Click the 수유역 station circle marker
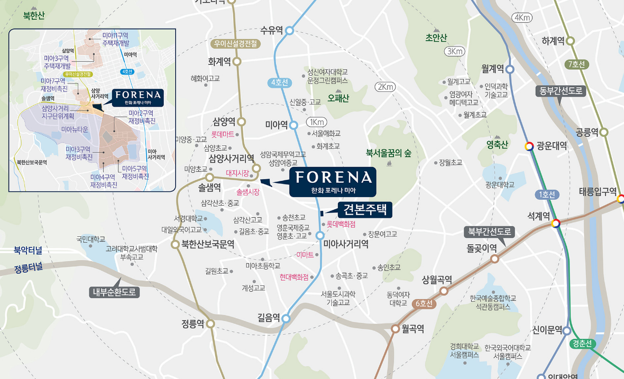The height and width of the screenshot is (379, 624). [x=289, y=31]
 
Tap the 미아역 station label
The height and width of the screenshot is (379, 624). [x=276, y=125]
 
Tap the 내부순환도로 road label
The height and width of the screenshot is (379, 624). [x=114, y=292]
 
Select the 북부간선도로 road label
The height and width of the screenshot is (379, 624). [x=489, y=232]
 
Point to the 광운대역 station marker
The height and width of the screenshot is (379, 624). [x=528, y=146]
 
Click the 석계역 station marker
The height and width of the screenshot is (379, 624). [x=556, y=224]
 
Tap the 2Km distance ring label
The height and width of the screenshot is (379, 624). [x=384, y=87]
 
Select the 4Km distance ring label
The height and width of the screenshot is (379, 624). [x=522, y=18]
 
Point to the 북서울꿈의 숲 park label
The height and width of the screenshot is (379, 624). [x=388, y=153]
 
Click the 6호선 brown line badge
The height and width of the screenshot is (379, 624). [x=424, y=303]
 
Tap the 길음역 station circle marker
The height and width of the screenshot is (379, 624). [x=286, y=318]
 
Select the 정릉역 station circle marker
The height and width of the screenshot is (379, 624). [x=210, y=324]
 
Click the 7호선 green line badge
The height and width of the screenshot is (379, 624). [x=576, y=64]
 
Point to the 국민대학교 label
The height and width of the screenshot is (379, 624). [x=91, y=239]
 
